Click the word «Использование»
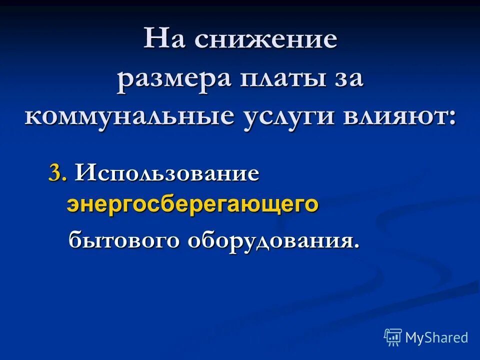pos(167,174)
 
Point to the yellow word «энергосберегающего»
pos(192,204)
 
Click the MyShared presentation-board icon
pos(393,337)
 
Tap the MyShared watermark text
pos(436,337)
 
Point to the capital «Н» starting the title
pos(154,38)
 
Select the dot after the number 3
pos(65,179)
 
